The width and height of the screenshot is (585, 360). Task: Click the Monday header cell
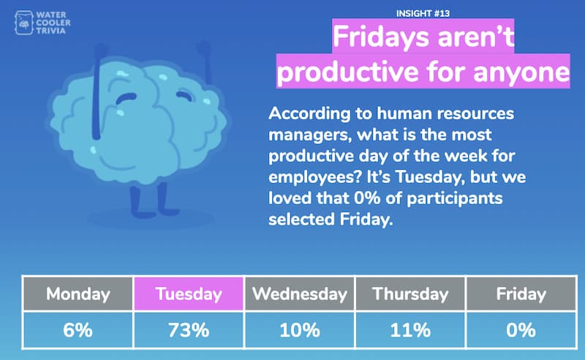(78, 293)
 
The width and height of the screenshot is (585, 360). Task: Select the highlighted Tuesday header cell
(189, 293)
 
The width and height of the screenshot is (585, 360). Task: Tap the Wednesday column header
(300, 293)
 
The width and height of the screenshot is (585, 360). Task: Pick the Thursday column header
(410, 293)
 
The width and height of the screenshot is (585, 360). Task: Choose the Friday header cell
(521, 293)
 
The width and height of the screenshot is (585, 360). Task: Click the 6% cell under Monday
(78, 330)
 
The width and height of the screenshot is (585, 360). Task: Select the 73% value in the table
(189, 330)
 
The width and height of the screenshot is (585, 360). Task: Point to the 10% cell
(300, 330)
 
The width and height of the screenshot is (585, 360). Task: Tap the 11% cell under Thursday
(410, 330)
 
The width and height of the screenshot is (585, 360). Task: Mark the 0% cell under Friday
(521, 330)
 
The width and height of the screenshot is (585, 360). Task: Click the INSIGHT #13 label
(423, 13)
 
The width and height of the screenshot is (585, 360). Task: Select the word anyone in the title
(521, 71)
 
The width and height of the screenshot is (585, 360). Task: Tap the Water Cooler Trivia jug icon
(24, 23)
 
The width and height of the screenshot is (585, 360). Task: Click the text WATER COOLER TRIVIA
(53, 23)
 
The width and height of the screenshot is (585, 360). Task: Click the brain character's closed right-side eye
(184, 95)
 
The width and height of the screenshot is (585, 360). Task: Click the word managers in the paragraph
(309, 135)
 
